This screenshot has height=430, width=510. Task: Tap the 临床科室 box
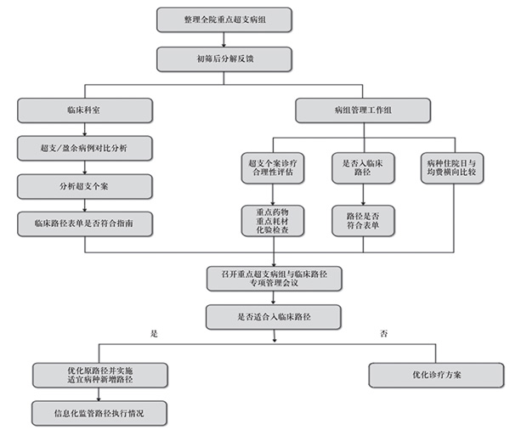tap(84, 110)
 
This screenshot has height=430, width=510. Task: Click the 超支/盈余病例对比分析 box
tap(84, 148)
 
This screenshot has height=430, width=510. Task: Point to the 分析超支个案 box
tap(84, 185)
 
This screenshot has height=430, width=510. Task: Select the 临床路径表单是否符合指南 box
tap(84, 223)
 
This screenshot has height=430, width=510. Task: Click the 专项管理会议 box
tap(274, 278)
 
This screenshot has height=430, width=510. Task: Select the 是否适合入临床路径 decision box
tap(274, 317)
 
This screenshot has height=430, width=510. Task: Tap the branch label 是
tap(155, 334)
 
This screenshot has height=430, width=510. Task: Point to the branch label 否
tap(387, 334)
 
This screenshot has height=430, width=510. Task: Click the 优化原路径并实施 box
tap(94, 375)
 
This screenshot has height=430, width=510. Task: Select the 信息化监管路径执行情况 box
tap(94, 413)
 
